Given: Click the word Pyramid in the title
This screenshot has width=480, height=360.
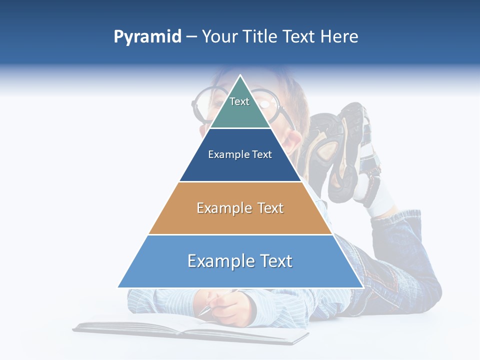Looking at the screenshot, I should (147, 37).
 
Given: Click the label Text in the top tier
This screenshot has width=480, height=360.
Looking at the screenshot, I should (239, 101).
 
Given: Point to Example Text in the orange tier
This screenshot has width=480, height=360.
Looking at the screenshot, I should (240, 208).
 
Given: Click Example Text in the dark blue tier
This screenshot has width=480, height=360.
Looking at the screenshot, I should (240, 154).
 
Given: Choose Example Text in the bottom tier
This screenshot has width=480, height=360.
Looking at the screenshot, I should (240, 261).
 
